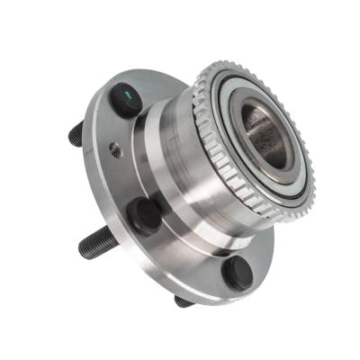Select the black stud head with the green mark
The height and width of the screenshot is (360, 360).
(x=123, y=97)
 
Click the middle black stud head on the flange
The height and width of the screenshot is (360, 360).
(x=145, y=216)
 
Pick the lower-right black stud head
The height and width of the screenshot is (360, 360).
(x=238, y=274)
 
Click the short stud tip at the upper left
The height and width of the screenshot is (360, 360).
(x=75, y=134)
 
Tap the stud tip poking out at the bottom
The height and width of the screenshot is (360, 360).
(x=184, y=301)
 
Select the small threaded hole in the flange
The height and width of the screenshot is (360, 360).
(x=115, y=150)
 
